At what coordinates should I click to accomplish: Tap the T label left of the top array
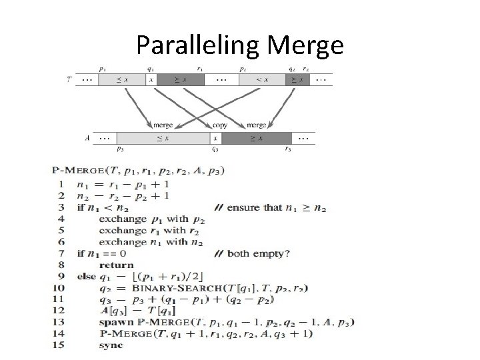coord(70,79)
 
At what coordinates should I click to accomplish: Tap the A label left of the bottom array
coord(87,138)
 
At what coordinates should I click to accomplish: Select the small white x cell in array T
coord(151,79)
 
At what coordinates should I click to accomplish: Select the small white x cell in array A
coord(215,138)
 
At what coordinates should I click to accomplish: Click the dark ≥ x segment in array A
coord(255,138)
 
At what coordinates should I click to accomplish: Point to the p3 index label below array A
coord(121,150)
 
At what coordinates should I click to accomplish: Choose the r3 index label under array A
coord(287,150)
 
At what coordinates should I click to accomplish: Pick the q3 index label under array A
coord(215,150)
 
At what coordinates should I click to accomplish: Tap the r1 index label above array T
coord(201,68)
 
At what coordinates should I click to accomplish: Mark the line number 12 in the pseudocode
coord(59,311)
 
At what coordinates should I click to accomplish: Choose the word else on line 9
coord(87,276)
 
